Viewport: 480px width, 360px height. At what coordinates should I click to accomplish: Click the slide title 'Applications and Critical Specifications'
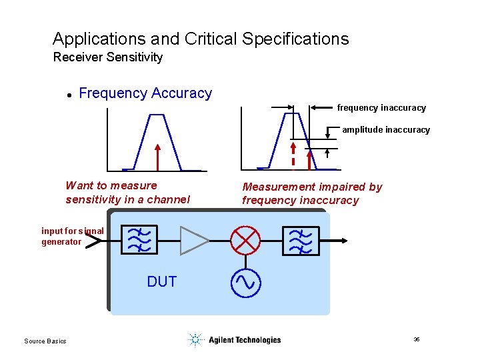pos(201,39)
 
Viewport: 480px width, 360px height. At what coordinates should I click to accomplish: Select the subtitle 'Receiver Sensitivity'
pos(107,57)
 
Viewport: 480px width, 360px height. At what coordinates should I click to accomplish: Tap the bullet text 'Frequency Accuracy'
pos(145,93)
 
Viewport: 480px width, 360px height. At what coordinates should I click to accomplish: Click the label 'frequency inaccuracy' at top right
pos(381,107)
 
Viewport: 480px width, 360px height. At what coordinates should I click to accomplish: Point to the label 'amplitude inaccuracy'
pos(386,130)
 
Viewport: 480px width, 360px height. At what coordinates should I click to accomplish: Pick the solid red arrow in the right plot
pos(309,160)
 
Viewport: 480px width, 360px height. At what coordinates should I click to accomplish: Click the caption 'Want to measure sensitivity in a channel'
pos(127,193)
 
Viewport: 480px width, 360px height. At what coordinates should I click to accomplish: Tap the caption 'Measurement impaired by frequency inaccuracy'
pos(312,193)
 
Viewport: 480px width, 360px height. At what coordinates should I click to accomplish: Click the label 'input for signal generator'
pos(72,237)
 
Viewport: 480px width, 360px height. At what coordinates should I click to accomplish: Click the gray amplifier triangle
pos(194,240)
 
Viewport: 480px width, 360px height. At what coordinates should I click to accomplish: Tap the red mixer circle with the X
pos(245,240)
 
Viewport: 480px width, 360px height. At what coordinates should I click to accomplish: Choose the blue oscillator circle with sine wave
pos(245,283)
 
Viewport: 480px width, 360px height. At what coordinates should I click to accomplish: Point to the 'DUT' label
pos(162,282)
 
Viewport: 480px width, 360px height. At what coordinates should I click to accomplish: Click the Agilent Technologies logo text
pos(244,340)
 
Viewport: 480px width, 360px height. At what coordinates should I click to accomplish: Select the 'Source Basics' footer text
pos(45,341)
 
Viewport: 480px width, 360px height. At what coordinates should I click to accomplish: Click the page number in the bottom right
pos(416,340)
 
